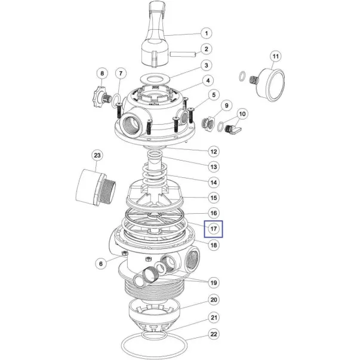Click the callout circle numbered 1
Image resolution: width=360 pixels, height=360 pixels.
pos(206,33)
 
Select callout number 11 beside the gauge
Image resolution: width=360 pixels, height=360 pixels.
pos(275,56)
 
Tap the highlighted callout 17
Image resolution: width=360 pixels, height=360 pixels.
pos(214,229)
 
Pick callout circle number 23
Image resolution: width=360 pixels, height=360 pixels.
pos(97,155)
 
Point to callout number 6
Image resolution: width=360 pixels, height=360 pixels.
pos(101,263)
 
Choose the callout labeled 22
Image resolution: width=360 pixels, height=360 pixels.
pos(214,334)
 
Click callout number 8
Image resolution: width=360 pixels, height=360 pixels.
pos(102,73)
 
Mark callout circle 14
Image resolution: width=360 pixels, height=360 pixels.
pos(214,183)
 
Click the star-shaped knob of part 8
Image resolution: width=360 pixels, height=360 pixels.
pos(99,97)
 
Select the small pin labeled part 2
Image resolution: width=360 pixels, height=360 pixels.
pos(183,55)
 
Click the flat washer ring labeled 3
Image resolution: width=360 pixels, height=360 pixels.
pos(155,79)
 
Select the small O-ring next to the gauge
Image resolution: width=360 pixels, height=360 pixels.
pos(242,76)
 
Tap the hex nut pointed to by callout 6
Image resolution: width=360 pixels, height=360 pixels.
pos(124,253)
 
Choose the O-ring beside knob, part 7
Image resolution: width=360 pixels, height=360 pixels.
pos(116,100)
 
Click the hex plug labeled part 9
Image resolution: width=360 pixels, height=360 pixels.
pos(208,124)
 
